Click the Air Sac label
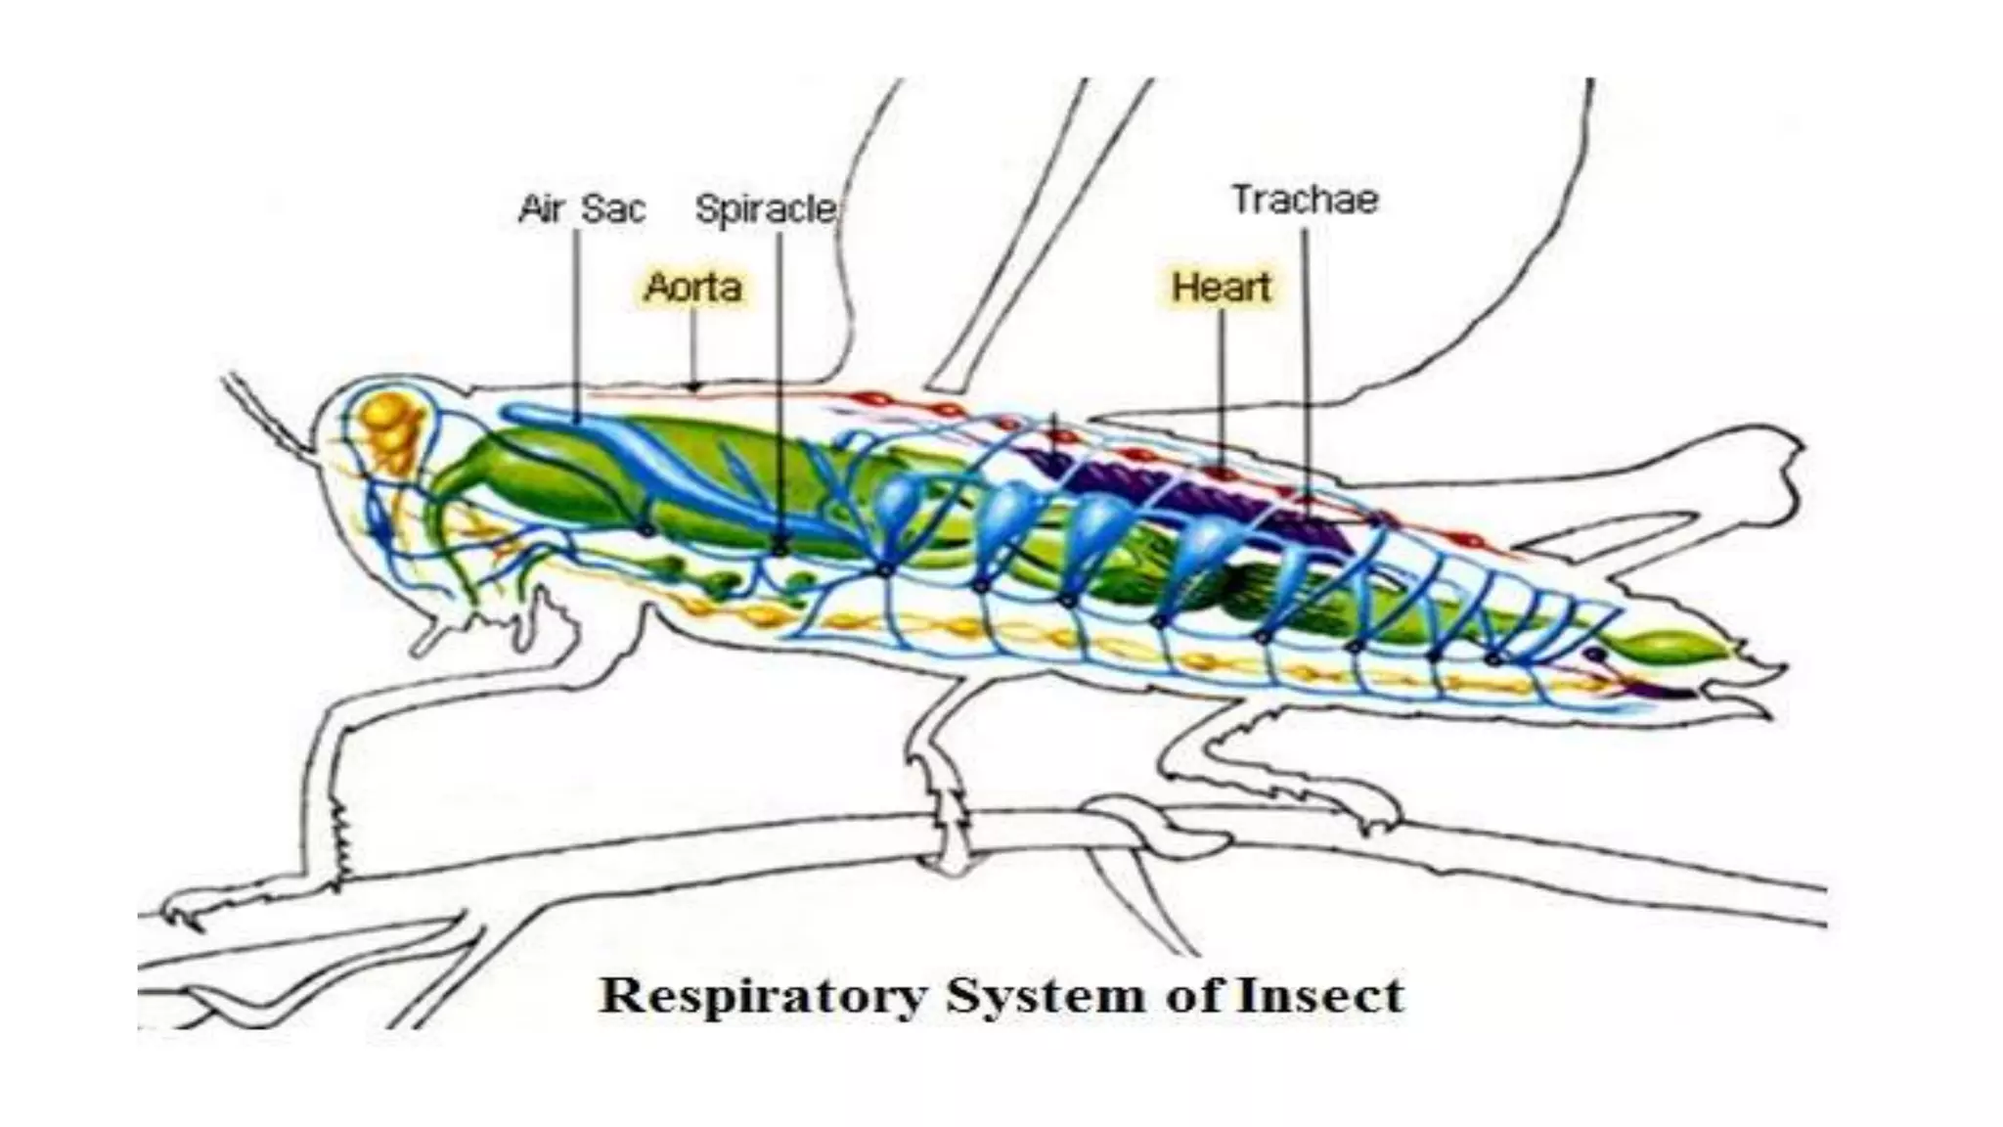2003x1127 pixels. click(582, 208)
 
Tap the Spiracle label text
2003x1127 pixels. click(765, 208)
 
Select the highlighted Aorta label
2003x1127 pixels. click(693, 287)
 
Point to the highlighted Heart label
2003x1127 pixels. click(1221, 287)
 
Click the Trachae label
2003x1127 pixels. click(1305, 200)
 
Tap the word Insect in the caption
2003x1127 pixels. click(1320, 997)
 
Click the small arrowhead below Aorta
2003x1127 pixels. click(693, 386)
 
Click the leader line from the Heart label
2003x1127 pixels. click(1221, 391)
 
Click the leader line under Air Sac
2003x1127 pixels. click(577, 323)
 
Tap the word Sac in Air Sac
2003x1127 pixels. click(613, 208)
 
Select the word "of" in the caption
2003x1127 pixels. click(1193, 997)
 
